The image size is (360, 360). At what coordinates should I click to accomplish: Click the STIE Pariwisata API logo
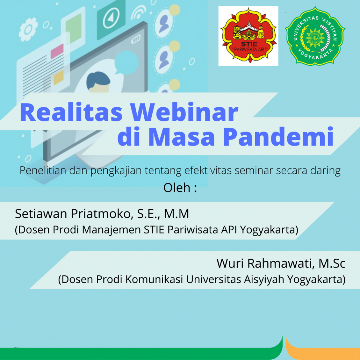[x=248, y=36]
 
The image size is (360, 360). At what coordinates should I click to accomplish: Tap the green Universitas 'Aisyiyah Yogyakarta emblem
[x=315, y=36]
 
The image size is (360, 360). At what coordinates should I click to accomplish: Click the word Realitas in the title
[x=71, y=112]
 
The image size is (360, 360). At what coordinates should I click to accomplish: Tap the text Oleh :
[x=180, y=188]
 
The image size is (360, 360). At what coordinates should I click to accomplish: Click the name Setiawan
[x=41, y=214]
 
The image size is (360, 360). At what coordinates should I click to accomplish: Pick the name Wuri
[x=230, y=263]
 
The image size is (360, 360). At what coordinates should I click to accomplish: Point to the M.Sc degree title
[x=332, y=263]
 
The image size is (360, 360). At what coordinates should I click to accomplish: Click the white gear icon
[x=28, y=29]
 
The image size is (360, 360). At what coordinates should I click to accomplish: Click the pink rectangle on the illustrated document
[x=57, y=51]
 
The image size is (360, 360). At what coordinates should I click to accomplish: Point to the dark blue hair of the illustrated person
[x=98, y=80]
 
